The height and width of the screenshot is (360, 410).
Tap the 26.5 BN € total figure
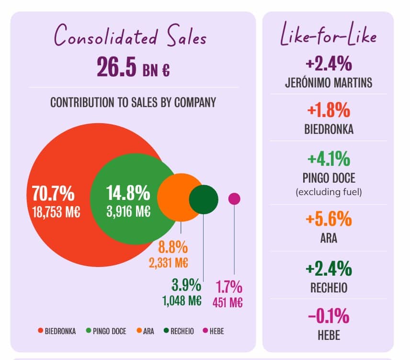click(133, 68)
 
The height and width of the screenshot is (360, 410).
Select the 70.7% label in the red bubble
click(53, 193)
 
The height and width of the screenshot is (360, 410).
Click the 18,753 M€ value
click(56, 212)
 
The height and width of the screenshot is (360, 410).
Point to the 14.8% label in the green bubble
click(128, 193)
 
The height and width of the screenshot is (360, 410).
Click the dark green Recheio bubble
click(204, 199)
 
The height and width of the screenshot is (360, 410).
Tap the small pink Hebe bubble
click(234, 198)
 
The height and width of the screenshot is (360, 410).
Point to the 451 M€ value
click(228, 302)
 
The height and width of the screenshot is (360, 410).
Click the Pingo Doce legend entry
click(106, 331)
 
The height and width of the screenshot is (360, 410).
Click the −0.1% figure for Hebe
click(328, 316)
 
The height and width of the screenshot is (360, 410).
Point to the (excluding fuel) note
click(329, 193)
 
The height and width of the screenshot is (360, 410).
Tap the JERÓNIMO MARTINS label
click(328, 82)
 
